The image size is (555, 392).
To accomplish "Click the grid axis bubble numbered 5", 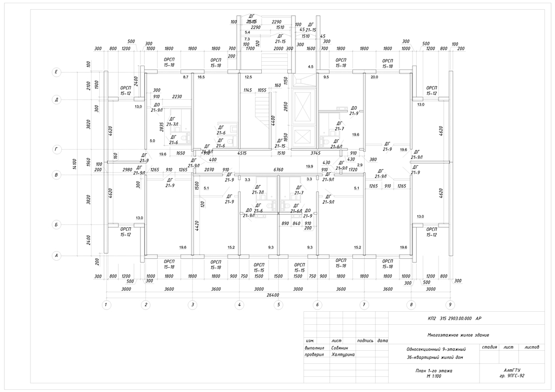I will point(278,305).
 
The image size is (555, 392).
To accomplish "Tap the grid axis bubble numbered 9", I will point(450,305).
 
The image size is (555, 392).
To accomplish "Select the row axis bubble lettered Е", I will point(55,72).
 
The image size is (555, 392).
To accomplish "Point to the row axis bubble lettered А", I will point(55,255).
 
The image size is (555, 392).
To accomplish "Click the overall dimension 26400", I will point(278,295).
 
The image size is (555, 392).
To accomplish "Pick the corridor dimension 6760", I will point(279,170).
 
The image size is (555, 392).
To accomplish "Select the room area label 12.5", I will point(248,78).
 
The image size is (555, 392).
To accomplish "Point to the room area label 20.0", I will point(373,78).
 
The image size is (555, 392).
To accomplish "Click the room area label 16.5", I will point(201,78).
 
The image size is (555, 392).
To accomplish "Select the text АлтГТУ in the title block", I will point(512,369).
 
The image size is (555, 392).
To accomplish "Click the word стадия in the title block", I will point(489,346).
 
